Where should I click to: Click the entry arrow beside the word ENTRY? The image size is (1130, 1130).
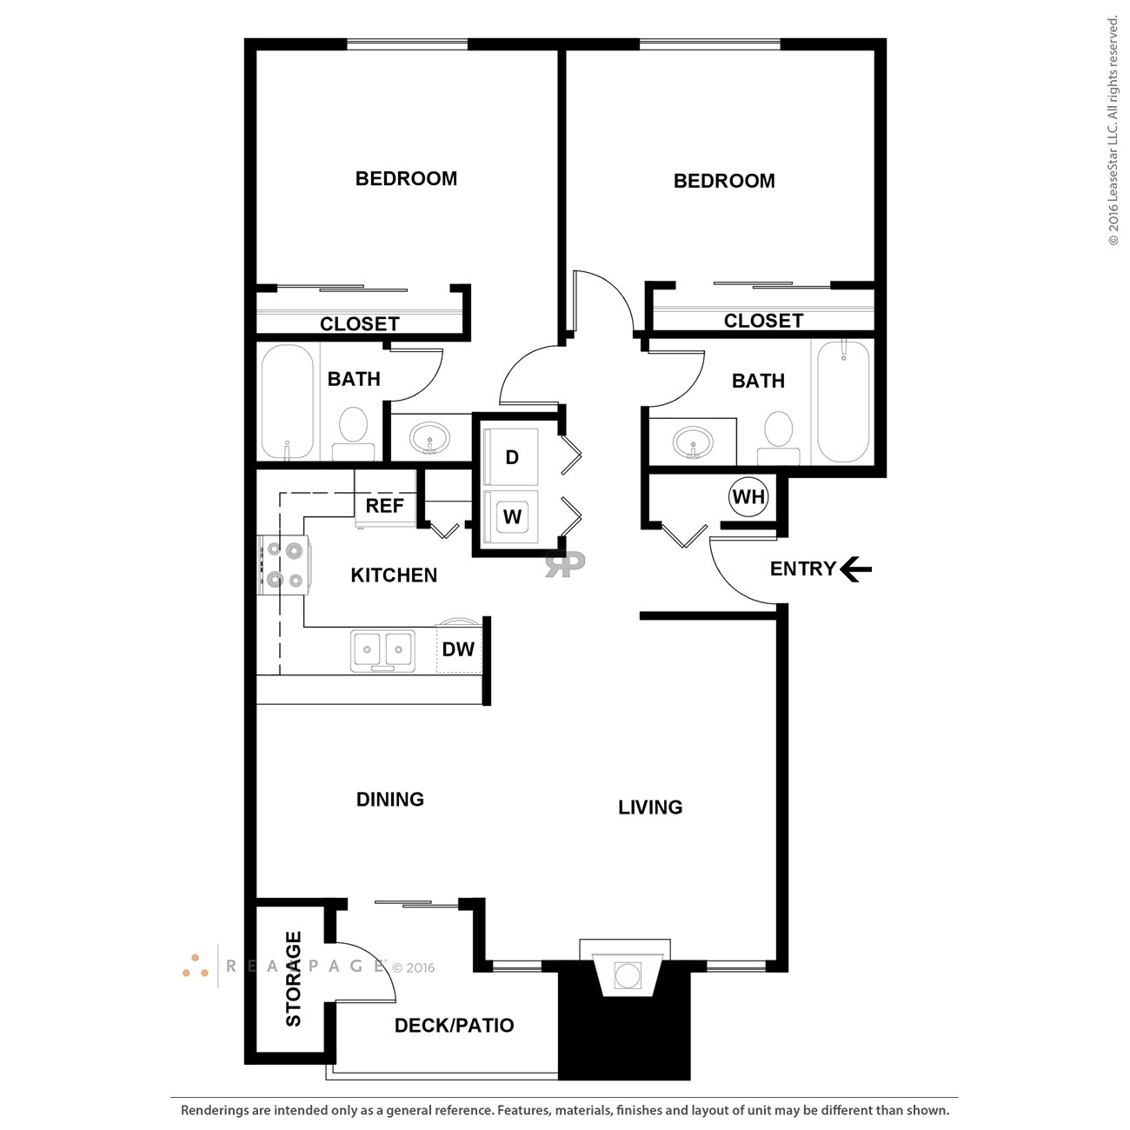(855, 569)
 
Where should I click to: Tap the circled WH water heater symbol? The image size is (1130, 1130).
(748, 497)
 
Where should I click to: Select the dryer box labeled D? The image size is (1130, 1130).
(512, 457)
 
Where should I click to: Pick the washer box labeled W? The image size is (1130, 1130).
(512, 516)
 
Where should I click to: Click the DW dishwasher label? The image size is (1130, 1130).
(458, 649)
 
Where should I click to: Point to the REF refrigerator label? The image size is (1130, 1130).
(384, 506)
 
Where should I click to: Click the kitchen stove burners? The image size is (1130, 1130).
(284, 564)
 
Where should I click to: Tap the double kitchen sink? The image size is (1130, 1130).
(382, 649)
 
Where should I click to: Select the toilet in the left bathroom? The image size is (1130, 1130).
(353, 432)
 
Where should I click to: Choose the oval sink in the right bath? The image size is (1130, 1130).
(693, 442)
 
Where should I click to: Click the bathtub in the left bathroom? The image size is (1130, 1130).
(288, 401)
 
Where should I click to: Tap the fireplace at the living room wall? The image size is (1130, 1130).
(627, 974)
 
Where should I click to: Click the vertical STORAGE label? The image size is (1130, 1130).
(294, 979)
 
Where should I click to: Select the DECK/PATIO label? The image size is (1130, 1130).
(454, 1026)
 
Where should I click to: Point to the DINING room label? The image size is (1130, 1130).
(390, 800)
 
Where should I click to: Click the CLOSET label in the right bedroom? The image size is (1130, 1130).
(763, 321)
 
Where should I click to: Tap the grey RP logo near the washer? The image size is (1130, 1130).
(565, 563)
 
